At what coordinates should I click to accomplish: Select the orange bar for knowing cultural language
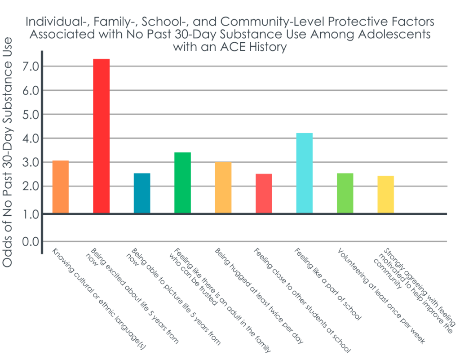pos(61,187)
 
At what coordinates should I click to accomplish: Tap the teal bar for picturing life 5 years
pos(142,193)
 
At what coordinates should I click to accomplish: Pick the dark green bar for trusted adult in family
pos(182,182)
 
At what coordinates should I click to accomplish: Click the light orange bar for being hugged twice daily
pos(223,187)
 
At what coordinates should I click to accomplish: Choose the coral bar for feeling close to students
pos(264,193)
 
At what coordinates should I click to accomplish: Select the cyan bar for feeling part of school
pos(304,173)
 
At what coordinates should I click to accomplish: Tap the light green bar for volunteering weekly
pos(345,193)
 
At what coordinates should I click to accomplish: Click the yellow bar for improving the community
pos(385,194)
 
